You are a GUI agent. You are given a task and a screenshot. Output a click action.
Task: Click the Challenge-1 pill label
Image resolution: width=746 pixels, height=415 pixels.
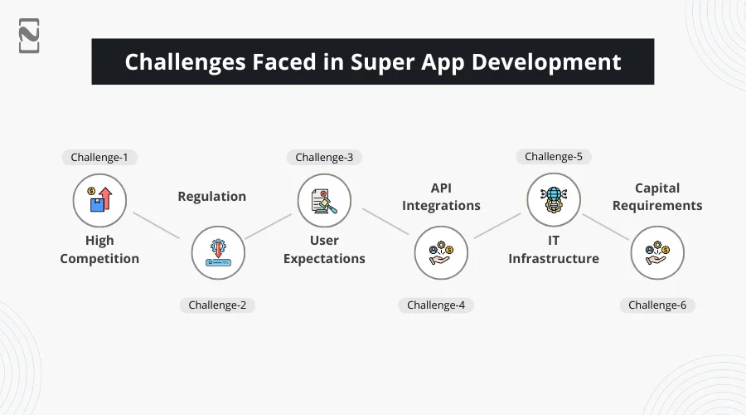click(99, 157)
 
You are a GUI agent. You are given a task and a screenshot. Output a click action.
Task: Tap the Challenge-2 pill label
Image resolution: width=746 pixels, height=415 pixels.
click(217, 305)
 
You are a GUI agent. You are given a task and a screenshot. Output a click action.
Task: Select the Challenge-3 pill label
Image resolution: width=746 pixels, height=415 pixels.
click(324, 157)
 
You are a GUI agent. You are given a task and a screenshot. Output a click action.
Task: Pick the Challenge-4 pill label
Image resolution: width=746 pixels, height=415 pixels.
click(436, 305)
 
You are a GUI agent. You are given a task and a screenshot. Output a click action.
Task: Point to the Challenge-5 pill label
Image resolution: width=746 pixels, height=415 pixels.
click(554, 156)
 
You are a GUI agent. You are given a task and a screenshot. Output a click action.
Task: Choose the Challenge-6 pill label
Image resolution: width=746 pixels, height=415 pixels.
click(657, 305)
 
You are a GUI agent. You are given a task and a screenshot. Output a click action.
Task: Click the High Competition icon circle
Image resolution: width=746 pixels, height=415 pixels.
click(99, 200)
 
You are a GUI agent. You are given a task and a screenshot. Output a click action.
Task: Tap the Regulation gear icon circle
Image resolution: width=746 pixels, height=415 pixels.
click(218, 252)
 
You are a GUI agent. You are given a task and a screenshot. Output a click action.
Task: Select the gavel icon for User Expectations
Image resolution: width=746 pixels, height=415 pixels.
click(324, 200)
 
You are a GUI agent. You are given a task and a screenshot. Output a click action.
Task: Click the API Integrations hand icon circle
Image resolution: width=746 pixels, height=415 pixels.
click(441, 252)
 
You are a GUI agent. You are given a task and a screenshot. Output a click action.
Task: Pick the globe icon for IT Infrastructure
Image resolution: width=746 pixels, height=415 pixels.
click(554, 200)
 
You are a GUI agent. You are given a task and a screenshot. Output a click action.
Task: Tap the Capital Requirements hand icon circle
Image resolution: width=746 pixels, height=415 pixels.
click(657, 252)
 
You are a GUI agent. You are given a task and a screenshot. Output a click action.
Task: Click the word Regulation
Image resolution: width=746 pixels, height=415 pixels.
click(211, 197)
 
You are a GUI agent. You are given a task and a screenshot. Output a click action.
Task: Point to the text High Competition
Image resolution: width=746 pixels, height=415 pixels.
click(99, 249)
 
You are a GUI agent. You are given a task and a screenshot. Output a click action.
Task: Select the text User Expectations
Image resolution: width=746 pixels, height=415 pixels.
click(324, 249)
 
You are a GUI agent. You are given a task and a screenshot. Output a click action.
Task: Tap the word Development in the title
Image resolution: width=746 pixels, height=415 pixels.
click(546, 62)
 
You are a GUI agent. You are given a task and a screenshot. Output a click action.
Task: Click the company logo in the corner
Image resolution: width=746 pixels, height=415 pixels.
click(29, 36)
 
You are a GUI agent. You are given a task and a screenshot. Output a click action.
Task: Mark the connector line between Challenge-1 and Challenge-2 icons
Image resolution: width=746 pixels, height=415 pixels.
click(157, 226)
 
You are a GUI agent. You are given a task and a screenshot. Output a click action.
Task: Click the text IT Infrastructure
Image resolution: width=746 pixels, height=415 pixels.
click(554, 249)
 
